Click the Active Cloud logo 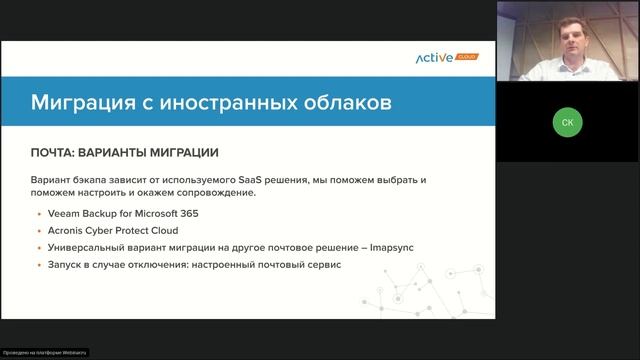pyautogui.click(x=447, y=58)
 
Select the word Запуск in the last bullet pyautogui.click(x=65, y=265)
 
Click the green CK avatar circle pyautogui.click(x=567, y=122)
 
